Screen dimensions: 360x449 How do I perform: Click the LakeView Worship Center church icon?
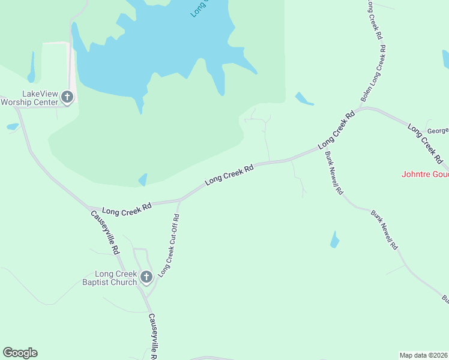(x=67, y=97)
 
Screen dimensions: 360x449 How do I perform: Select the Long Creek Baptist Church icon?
(x=146, y=277)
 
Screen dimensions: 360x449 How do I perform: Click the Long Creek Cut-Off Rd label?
(x=169, y=245)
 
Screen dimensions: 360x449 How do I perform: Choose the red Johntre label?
(x=424, y=175)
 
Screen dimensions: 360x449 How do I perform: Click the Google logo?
(x=20, y=353)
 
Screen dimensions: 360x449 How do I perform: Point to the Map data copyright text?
(x=424, y=355)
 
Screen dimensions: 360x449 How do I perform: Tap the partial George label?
(x=437, y=130)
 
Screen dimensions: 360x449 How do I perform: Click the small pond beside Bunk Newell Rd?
(x=334, y=240)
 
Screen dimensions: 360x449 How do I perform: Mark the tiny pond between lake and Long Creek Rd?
(x=143, y=179)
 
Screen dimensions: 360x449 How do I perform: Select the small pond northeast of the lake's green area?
(x=304, y=99)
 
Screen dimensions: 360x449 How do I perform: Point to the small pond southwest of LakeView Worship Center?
(x=13, y=127)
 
